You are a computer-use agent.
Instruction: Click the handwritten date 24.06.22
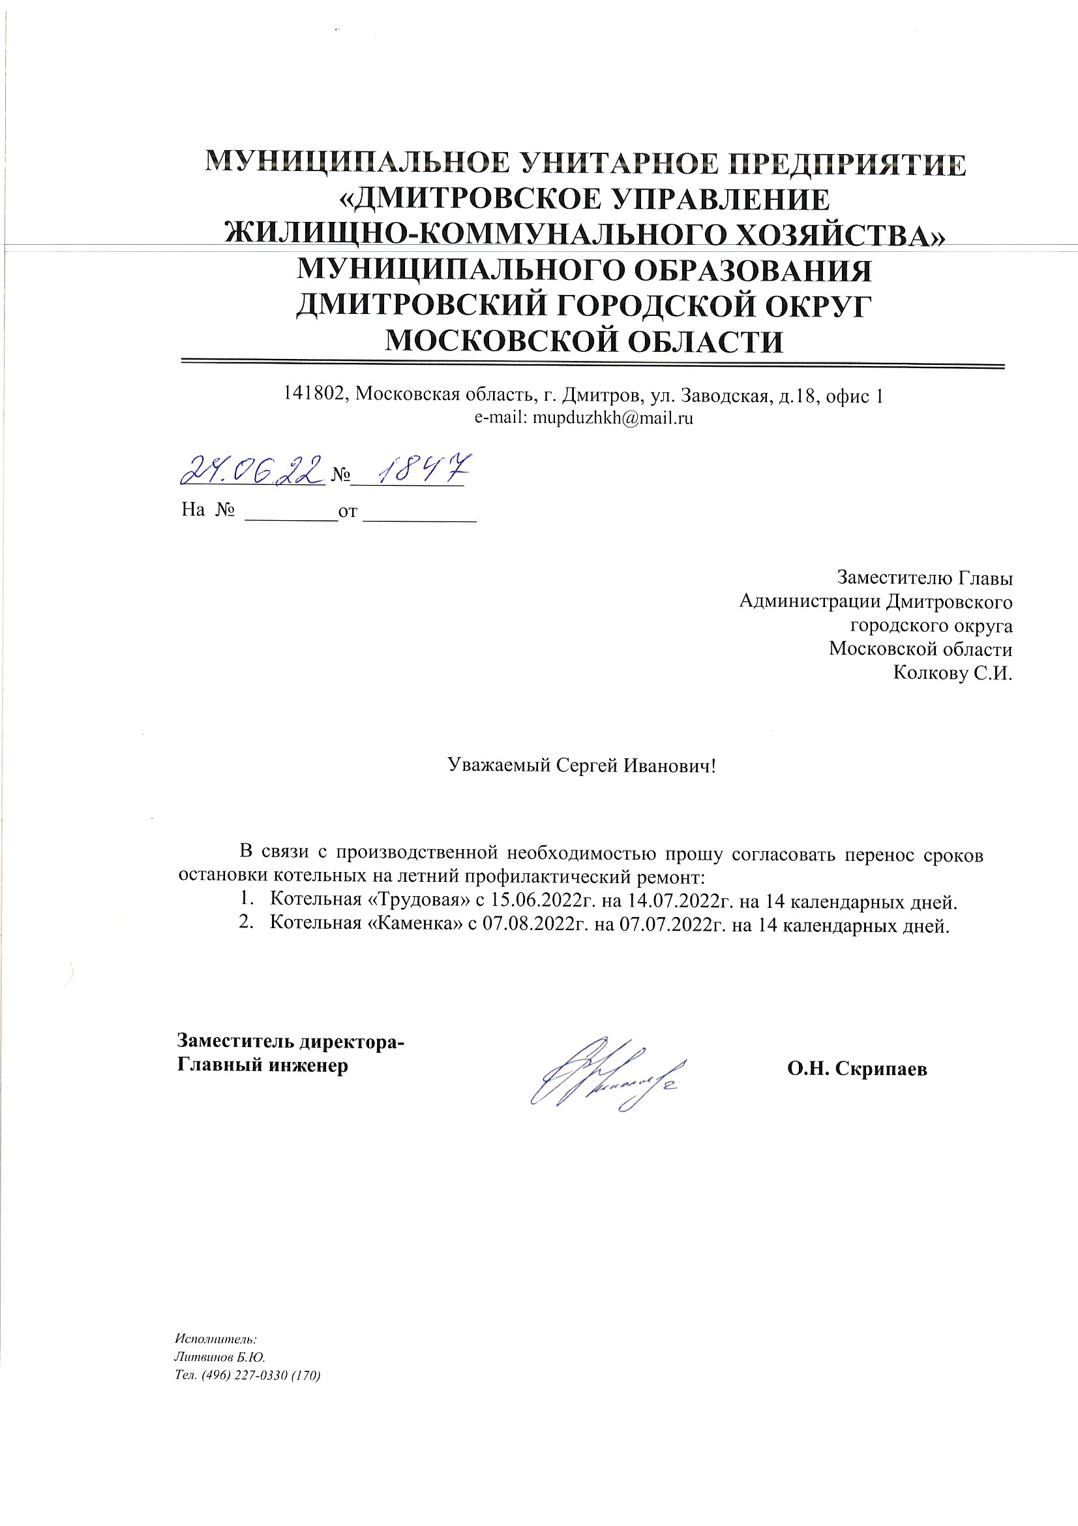252,470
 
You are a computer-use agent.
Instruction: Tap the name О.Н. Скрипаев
857,1068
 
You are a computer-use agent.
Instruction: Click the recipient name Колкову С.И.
953,673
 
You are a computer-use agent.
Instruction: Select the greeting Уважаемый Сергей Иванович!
582,765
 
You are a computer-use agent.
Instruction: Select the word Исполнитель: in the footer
215,1338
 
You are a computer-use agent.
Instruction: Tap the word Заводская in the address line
715,396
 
